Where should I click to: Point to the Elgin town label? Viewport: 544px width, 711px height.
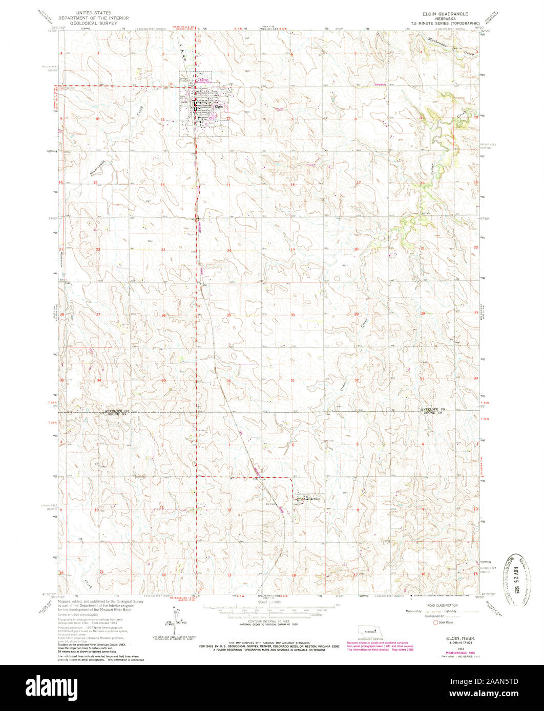[x=219, y=107]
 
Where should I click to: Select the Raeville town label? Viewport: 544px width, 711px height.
[x=312, y=498]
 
